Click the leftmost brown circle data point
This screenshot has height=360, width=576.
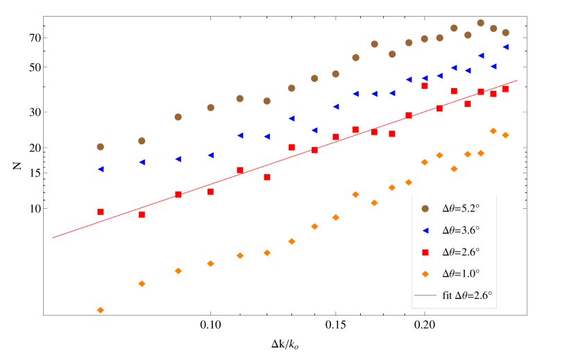[100, 147]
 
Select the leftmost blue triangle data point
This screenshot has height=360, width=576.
[100, 169]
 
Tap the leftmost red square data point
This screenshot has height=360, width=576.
[100, 212]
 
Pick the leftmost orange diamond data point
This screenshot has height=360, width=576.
[100, 310]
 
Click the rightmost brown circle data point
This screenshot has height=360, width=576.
[505, 33]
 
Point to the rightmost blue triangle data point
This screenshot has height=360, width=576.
[505, 47]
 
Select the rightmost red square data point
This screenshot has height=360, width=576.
[505, 89]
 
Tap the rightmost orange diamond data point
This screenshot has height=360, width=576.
[505, 135]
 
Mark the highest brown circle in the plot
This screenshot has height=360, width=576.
[480, 23]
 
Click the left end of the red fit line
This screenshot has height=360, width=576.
[53, 238]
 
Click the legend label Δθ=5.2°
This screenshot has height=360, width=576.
[461, 208]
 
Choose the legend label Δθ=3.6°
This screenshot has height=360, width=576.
[461, 230]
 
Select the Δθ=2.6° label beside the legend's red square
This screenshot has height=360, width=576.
[461, 252]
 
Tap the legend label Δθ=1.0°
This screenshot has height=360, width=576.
[461, 273]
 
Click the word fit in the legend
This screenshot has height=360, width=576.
[447, 295]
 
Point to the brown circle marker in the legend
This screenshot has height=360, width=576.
[425, 208]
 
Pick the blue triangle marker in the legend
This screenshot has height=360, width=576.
[425, 230]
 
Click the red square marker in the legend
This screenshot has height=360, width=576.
[425, 252]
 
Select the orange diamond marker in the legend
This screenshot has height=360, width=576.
[425, 273]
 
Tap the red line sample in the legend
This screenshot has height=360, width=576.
[425, 295]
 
